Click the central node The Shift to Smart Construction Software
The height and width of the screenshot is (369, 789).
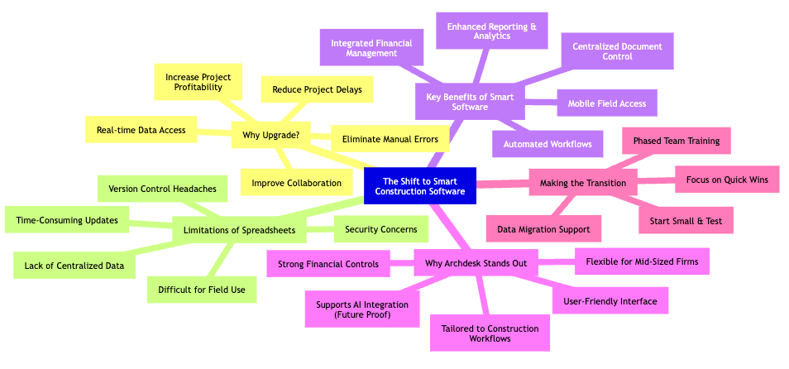coord(420,185)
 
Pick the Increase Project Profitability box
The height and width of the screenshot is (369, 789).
coord(198,83)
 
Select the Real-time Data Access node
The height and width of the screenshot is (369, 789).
coord(140,129)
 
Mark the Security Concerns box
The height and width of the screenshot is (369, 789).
coord(380,229)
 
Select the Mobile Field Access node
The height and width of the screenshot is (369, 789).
coord(607,103)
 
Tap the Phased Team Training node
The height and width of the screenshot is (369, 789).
coord(677,141)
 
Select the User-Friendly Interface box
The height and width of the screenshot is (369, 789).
coord(610,301)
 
